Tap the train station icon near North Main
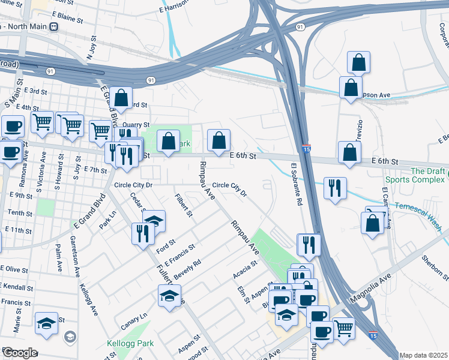point(54,27)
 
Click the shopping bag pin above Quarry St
point(121,97)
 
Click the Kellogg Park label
point(131,344)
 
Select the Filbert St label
point(183,205)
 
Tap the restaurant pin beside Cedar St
point(142,232)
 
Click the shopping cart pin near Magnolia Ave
point(343,327)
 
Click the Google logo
point(19,353)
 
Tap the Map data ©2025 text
point(423,355)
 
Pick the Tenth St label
point(20,213)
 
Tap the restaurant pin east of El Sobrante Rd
point(334,187)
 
